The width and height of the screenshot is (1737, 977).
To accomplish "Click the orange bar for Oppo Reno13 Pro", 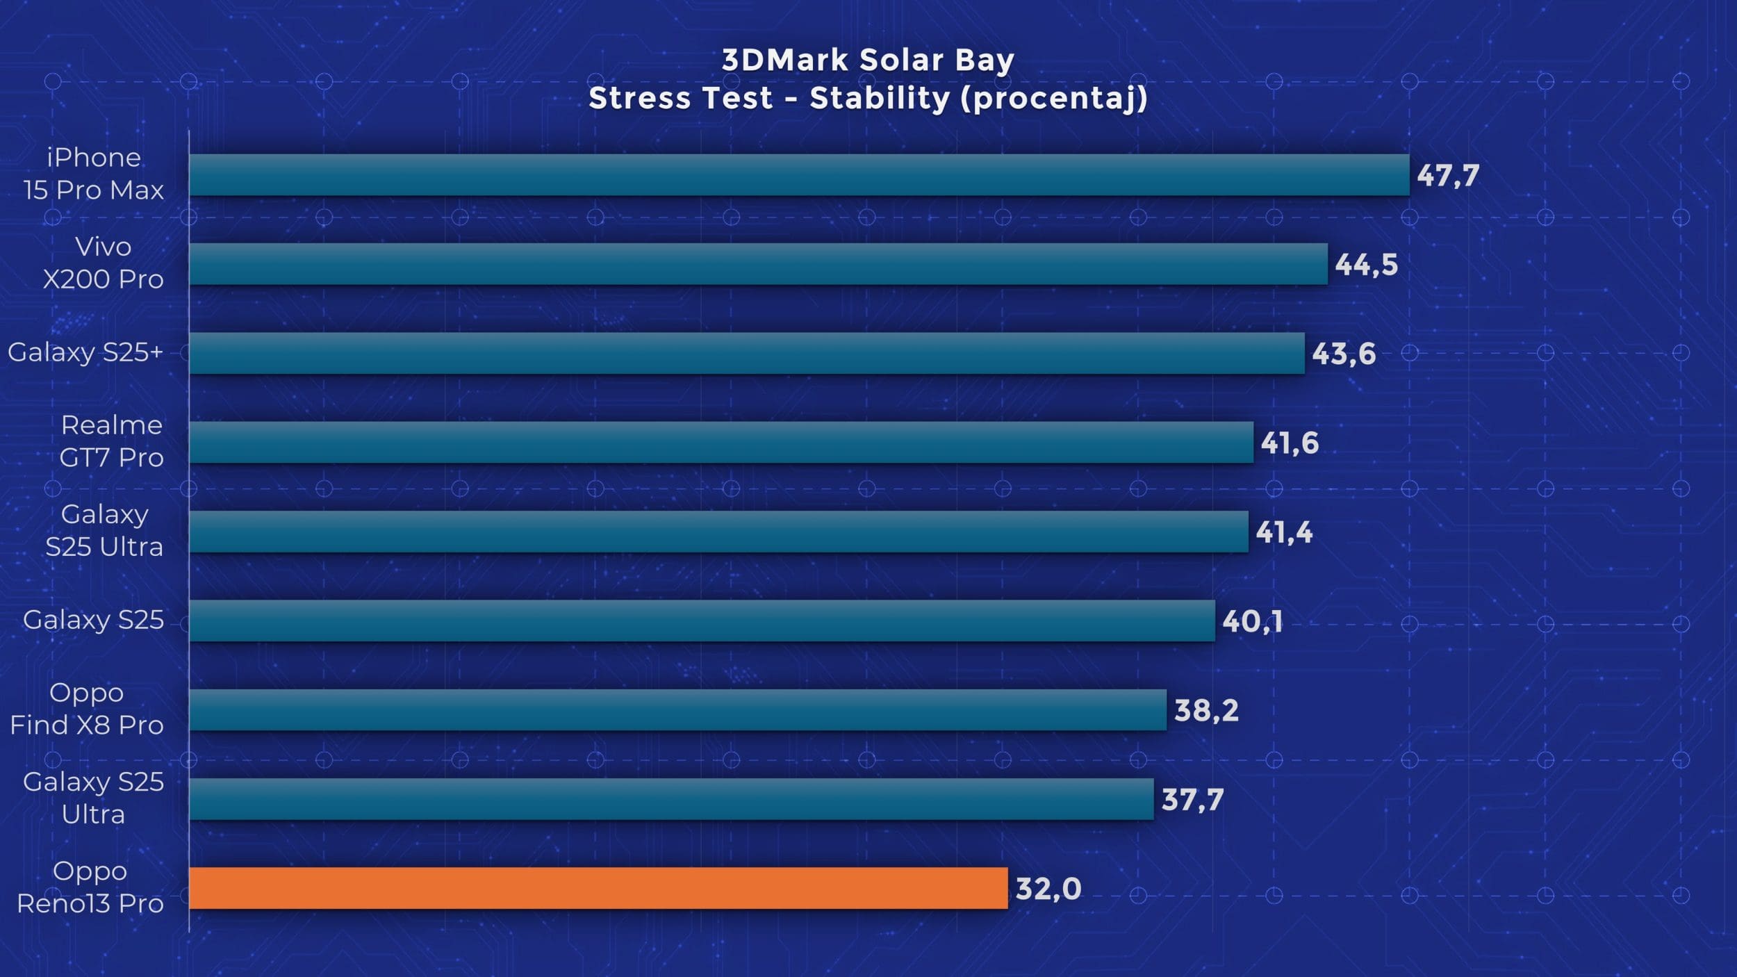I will tap(598, 888).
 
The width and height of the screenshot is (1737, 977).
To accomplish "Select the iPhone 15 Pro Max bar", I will tap(799, 175).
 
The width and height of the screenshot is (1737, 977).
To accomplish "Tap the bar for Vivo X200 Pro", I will tap(757, 264).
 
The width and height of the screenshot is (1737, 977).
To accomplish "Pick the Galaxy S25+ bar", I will tap(747, 353).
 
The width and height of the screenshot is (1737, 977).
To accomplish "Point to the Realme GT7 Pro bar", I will tap(721, 442).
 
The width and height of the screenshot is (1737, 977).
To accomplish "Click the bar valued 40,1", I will tap(702, 621).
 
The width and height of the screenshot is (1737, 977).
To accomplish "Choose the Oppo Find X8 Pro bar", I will tap(677, 709).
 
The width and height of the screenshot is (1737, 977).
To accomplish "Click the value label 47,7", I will tap(1448, 175).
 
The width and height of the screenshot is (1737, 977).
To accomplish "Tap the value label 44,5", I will tap(1366, 265).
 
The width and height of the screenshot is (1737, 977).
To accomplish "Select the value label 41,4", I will tap(1284, 532).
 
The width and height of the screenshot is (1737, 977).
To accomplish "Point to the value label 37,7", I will tap(1192, 799).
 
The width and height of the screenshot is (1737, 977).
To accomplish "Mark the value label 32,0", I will tap(1048, 889).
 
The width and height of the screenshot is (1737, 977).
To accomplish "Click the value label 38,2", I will tap(1206, 710).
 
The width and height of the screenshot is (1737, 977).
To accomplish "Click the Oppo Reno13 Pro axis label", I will tap(90, 887).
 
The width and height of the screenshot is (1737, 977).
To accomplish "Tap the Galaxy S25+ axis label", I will tap(85, 352).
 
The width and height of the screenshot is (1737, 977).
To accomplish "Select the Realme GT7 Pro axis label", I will tap(111, 441).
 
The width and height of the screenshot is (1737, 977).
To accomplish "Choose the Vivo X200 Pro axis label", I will tap(103, 263).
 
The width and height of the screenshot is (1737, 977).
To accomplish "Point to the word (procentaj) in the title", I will tap(1053, 99).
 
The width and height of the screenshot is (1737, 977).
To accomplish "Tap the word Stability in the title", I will tap(879, 99).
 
